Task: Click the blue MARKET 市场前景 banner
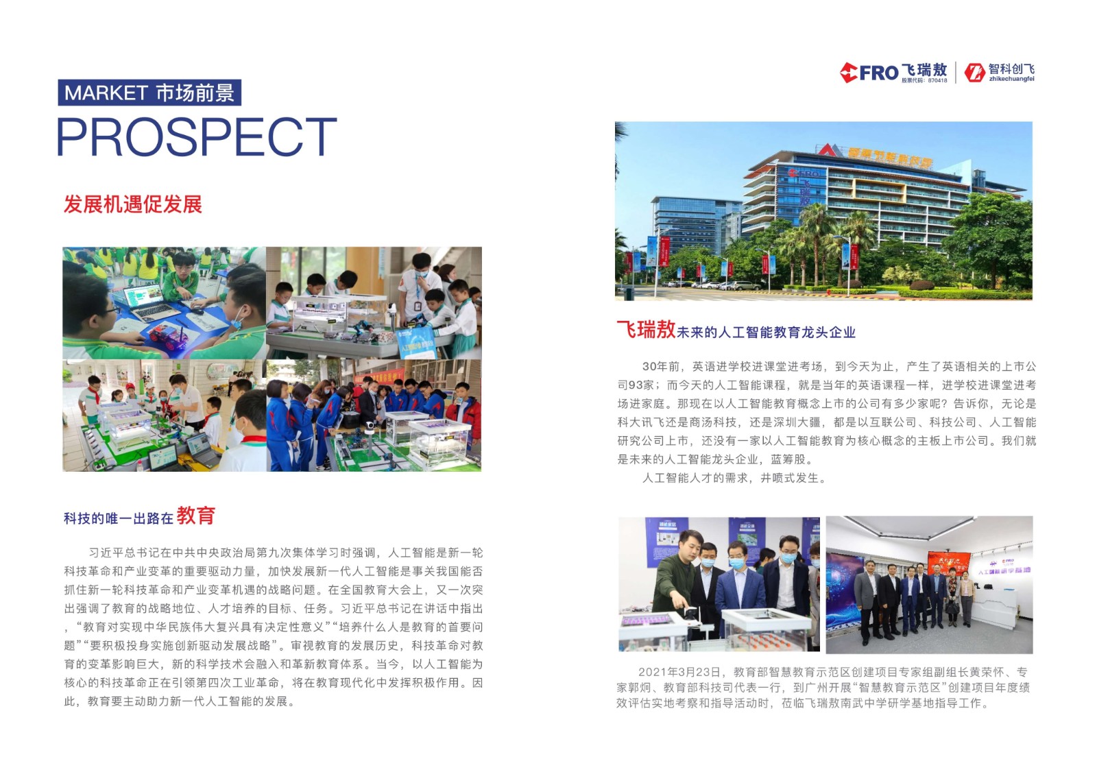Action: click(149, 93)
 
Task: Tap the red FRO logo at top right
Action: click(869, 73)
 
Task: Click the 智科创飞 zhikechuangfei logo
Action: click(1000, 73)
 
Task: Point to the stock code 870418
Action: click(937, 80)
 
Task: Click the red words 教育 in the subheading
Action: click(196, 516)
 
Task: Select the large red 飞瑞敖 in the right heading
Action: click(646, 330)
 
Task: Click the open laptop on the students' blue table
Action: click(147, 301)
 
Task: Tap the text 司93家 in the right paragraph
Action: click(635, 385)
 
